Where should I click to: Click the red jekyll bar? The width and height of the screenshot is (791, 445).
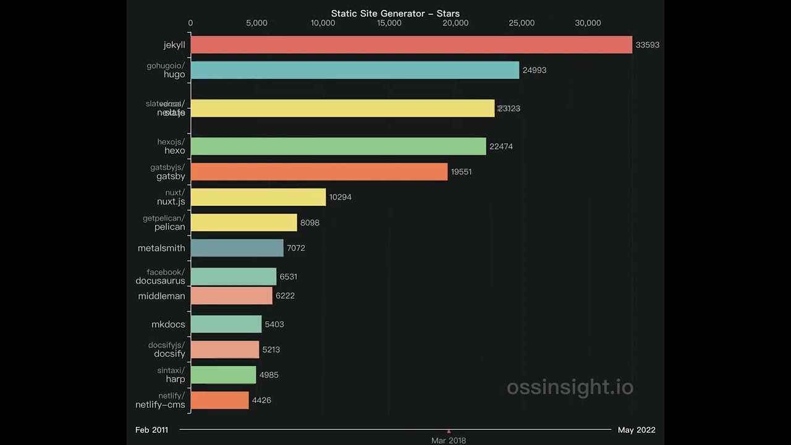[411, 44]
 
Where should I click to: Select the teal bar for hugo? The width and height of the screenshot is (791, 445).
[355, 70]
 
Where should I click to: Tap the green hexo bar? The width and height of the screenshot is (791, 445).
[338, 146]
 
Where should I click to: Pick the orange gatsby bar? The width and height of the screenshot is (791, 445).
[319, 172]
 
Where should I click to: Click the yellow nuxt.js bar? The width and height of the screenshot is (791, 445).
[258, 197]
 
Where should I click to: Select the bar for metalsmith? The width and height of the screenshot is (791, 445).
[237, 248]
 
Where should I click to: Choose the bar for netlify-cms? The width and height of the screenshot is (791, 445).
[219, 400]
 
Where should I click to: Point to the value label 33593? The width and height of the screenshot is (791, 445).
[647, 45]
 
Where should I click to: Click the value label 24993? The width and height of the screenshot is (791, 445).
[534, 70]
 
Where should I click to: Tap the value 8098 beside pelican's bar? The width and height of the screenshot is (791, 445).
[310, 222]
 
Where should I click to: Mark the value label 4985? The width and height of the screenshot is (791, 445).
[269, 375]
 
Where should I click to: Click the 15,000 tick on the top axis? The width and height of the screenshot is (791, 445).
[389, 23]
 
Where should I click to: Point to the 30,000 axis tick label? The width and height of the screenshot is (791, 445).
[587, 23]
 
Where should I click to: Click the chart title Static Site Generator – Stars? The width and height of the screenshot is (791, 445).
[395, 14]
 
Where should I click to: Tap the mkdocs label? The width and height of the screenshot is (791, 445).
[168, 324]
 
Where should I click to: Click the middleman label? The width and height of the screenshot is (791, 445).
[161, 296]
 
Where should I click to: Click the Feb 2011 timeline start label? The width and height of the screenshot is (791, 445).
[151, 430]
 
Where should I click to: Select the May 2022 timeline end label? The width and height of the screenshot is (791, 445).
[637, 430]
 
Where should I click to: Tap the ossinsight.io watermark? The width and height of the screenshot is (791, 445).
[570, 388]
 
